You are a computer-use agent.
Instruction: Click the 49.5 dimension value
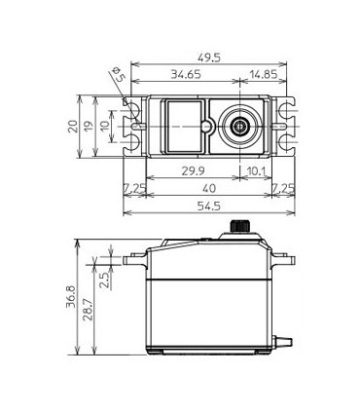coord(209,58)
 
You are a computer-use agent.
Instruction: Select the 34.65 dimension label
coord(186,74)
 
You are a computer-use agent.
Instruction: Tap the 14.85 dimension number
coord(264,74)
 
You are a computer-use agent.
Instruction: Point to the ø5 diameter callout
coord(118,74)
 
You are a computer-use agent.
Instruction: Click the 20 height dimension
coord(73,126)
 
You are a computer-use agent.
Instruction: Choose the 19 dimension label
coord(90,126)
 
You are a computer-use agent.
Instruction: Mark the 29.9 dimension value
coord(193,171)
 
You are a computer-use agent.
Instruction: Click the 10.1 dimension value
coord(257,171)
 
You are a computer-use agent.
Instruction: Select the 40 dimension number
coord(209,188)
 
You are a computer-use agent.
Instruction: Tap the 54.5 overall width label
coord(209,206)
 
